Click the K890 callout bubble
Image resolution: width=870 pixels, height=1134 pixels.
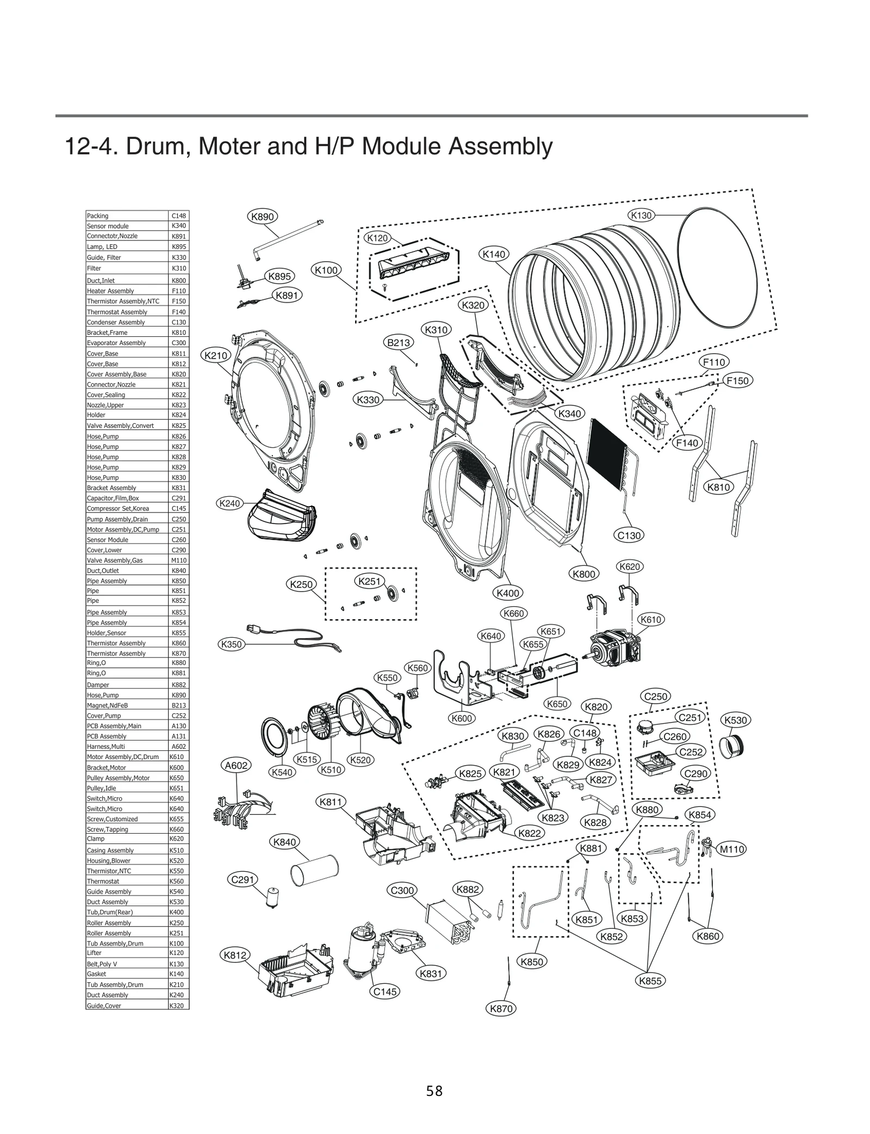pyautogui.click(x=263, y=217)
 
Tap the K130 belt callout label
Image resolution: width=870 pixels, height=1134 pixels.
pyautogui.click(x=641, y=215)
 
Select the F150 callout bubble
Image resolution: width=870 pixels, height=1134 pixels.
pyautogui.click(x=737, y=381)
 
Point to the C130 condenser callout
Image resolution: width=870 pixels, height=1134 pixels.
pyautogui.click(x=629, y=535)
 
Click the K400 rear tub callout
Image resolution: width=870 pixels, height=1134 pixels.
pyautogui.click(x=508, y=593)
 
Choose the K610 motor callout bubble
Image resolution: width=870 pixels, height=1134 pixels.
pyautogui.click(x=650, y=620)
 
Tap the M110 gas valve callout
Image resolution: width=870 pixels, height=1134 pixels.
pyautogui.click(x=732, y=849)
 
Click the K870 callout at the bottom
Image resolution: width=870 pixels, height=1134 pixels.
pyautogui.click(x=501, y=1008)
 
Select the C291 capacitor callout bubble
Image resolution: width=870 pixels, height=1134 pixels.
pyautogui.click(x=243, y=880)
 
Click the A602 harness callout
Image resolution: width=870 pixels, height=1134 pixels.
pyautogui.click(x=237, y=766)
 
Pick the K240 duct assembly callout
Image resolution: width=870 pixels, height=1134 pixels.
pyautogui.click(x=229, y=503)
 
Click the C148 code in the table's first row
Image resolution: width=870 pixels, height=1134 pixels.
pyautogui.click(x=178, y=216)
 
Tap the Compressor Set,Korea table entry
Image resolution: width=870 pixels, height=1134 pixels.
pyautogui.click(x=118, y=509)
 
